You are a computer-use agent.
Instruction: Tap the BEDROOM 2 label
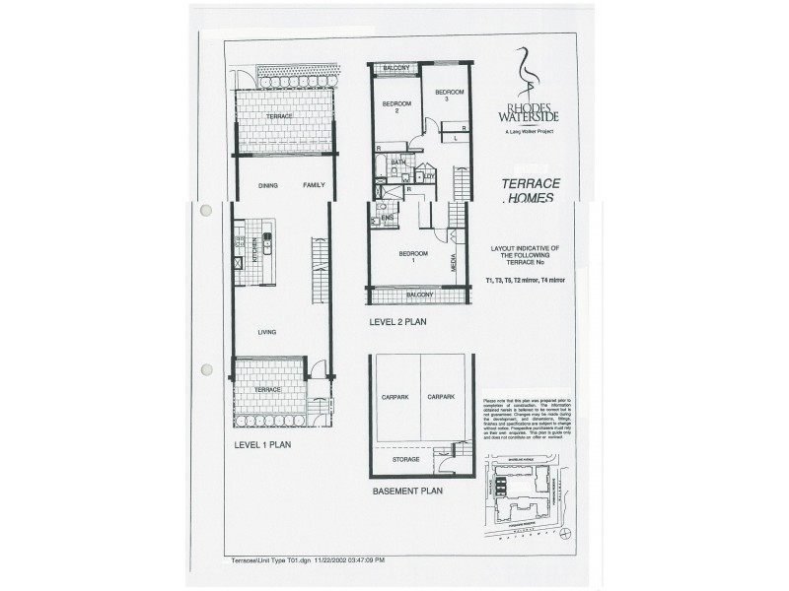pos(395,106)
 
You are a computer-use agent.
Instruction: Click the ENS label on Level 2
pos(389,218)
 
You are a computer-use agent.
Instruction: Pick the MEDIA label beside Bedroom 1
pos(453,263)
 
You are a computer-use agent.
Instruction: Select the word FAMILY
pos(314,184)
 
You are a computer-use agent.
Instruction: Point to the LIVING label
pos(267,332)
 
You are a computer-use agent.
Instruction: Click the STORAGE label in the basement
pos(405,459)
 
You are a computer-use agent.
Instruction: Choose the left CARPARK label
pos(394,397)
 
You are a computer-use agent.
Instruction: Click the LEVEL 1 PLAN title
pos(262,444)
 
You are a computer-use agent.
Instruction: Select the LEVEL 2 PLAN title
pos(397,320)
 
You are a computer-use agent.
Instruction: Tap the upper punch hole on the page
pos(207,211)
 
